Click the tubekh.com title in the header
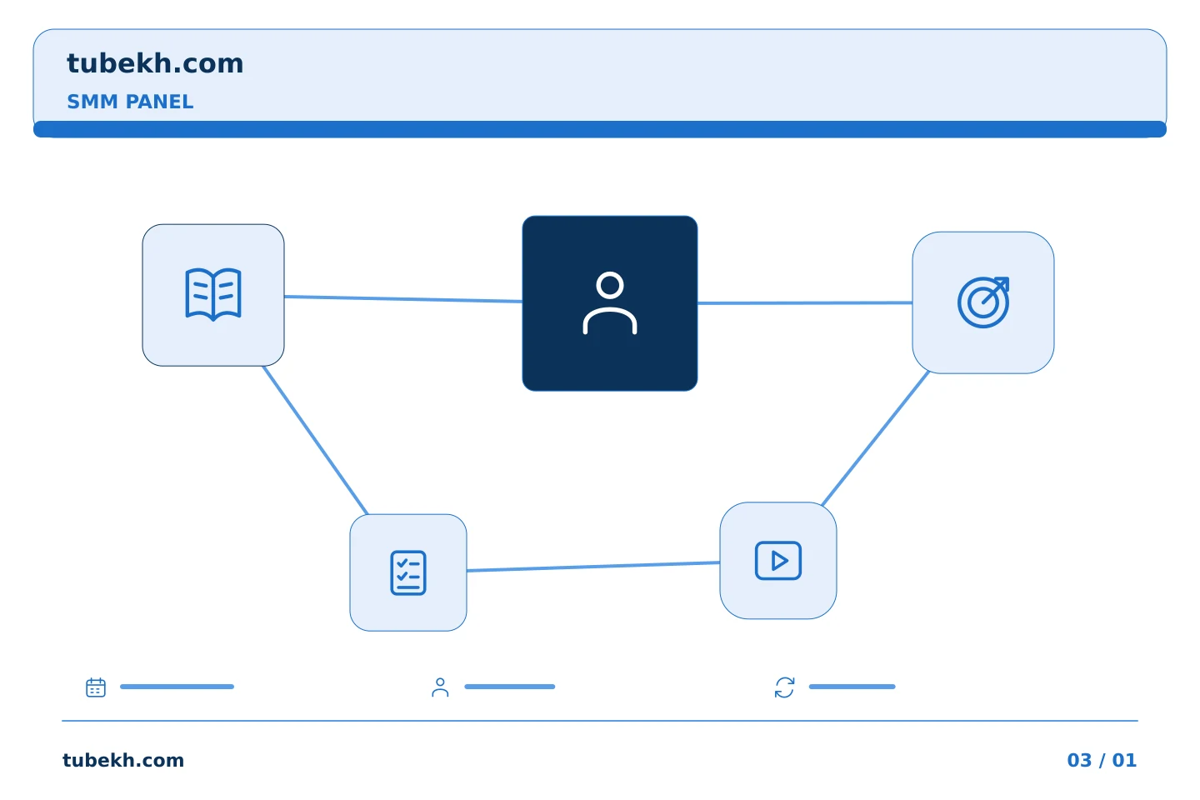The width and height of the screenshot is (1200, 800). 155,63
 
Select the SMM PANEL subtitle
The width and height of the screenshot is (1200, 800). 130,102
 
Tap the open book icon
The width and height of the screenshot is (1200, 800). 213,295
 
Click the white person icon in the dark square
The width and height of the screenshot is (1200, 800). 610,303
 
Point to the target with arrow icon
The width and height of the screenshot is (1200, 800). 983,302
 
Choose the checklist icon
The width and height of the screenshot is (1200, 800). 408,572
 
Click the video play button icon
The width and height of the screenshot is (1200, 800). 777,561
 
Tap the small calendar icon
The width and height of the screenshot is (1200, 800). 96,687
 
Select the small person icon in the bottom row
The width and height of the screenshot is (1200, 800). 440,687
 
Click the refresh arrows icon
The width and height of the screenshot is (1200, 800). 784,687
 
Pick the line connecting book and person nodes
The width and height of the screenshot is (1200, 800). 402,299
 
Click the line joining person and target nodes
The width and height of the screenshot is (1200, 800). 805,302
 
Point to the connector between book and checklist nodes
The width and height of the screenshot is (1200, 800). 316,441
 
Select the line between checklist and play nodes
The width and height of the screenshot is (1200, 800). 593,567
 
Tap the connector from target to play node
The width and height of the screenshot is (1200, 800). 875,438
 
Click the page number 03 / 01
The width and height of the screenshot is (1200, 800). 1102,760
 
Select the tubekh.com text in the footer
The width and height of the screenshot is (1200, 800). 123,760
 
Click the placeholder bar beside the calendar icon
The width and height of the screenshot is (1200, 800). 177,687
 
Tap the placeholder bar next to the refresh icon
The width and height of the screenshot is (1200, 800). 852,687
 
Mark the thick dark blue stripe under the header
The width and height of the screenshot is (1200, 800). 600,129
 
